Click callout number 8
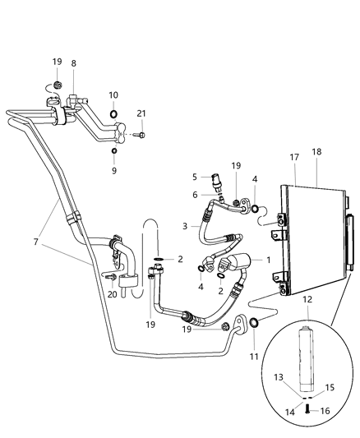click(x=73, y=62)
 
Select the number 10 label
click(x=113, y=95)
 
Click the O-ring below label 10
click(x=113, y=113)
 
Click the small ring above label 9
click(x=114, y=151)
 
